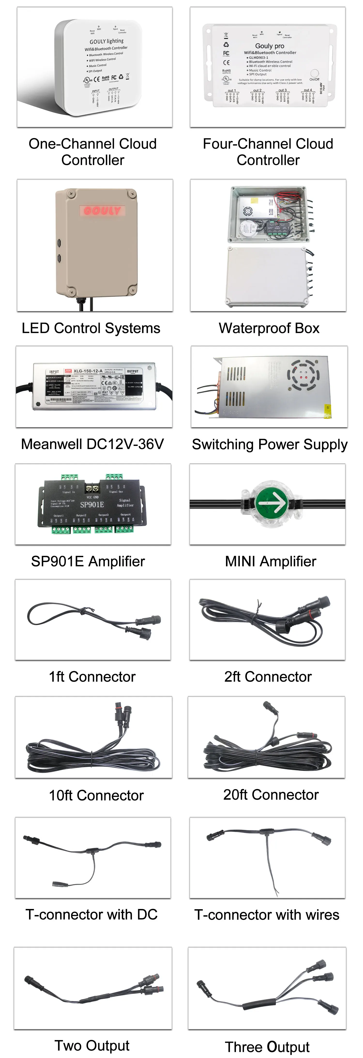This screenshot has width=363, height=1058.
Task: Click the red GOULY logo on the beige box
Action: coord(102,211)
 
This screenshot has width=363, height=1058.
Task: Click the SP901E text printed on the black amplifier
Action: coord(92,505)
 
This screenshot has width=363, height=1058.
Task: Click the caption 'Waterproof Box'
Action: coord(269,328)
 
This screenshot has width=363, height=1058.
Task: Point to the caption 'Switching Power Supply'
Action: coord(270,444)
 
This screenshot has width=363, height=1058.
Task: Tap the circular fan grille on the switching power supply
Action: coord(303,375)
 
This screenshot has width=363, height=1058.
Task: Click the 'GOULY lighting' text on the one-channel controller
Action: coord(106,41)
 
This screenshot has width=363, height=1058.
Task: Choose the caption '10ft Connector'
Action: coord(96,796)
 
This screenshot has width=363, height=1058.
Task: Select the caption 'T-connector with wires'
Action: coord(267,915)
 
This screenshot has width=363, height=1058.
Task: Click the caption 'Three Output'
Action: coord(267,1047)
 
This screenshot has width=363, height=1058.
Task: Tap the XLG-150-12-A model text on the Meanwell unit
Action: coord(88,371)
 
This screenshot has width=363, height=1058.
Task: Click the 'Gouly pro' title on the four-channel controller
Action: coord(270,46)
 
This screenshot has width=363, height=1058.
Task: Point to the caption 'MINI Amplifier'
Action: coord(270,561)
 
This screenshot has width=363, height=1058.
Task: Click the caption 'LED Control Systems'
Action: coord(91,328)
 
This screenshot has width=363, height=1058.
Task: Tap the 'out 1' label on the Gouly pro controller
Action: coord(232,90)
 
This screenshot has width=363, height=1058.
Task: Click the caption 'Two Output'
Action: coord(92,1045)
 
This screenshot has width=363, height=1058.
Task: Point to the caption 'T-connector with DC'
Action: coord(91,914)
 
